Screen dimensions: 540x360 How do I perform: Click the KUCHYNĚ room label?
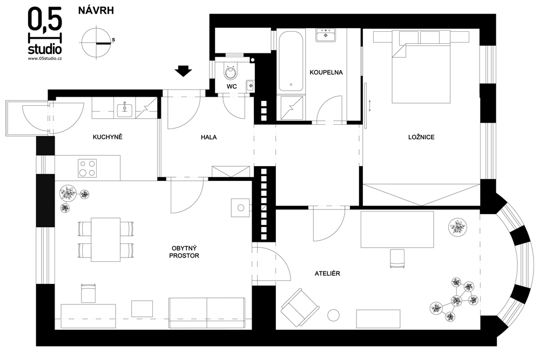click(107, 137)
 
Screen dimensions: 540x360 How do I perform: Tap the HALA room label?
click(208, 137)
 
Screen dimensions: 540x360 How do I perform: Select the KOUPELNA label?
click(326, 72)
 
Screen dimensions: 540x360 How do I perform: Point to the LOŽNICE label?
click(421, 137)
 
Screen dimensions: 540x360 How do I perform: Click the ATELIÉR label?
click(327, 274)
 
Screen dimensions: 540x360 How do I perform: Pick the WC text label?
click(232, 86)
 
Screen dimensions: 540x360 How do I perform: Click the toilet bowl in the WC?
click(231, 72)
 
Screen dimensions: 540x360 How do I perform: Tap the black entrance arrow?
click(183, 71)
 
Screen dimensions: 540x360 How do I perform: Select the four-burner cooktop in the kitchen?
click(87, 168)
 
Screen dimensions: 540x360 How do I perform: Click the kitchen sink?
click(125, 110)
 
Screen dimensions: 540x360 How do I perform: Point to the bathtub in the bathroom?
click(291, 62)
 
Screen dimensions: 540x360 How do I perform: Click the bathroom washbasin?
click(326, 35)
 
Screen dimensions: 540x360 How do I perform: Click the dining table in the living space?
click(106, 240)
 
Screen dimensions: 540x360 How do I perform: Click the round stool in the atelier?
click(333, 315)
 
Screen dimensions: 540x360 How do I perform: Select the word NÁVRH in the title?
click(96, 11)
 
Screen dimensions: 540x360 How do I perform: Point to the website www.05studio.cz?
click(45, 58)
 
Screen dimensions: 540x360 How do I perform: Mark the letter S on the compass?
click(113, 40)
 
